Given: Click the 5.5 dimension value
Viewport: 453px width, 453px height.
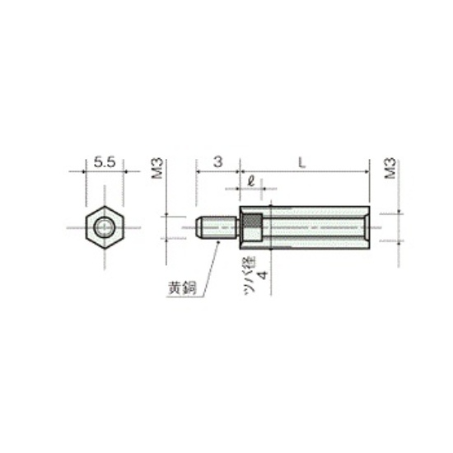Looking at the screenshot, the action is point(105,161).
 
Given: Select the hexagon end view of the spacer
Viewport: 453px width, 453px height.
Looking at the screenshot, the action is point(105,227).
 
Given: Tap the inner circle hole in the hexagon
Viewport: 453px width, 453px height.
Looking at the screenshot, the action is point(104,227).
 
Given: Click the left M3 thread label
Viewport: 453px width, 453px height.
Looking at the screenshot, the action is point(158,168).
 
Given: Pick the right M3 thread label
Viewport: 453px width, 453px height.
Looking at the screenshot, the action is point(390,168).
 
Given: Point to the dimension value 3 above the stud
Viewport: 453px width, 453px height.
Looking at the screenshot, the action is point(218,161).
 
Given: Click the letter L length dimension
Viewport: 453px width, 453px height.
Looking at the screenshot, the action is point(301,163).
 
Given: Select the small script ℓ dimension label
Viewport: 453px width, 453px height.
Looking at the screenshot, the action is point(251,181).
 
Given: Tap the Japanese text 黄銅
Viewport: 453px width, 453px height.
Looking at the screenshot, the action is point(183,287).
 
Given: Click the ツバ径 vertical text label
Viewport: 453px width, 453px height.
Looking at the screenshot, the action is point(250,275).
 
